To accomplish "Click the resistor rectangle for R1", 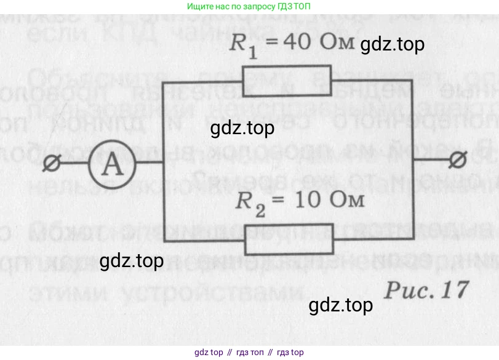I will (288, 79).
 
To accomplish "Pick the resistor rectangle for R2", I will (289, 239).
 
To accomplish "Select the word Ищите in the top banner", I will (199, 6).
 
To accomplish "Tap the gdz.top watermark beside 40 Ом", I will (392, 45).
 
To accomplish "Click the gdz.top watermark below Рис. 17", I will (341, 305).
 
